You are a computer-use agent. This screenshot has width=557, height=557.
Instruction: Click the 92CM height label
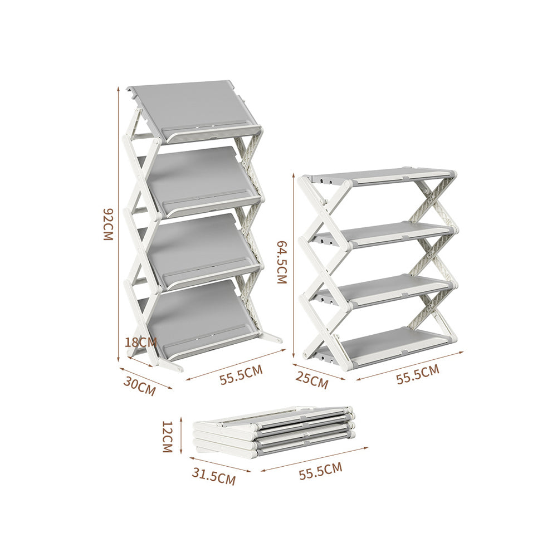pyautogui.click(x=108, y=224)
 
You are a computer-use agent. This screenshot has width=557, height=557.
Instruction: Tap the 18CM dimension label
pyautogui.click(x=140, y=342)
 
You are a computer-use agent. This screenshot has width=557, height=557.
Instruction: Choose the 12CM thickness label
pyautogui.click(x=167, y=436)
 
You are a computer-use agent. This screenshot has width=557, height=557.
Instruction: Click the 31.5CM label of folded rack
pyautogui.click(x=213, y=476)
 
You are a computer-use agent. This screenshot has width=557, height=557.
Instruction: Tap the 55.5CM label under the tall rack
pyautogui.click(x=241, y=376)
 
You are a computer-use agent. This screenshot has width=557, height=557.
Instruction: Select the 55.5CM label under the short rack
pyautogui.click(x=417, y=374)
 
